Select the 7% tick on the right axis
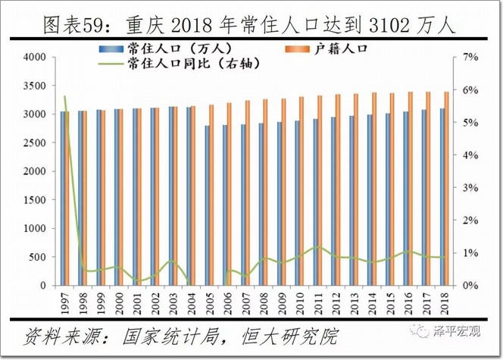471,58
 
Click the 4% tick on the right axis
471,155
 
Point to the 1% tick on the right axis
471,253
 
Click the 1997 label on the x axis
65,299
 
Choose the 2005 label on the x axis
208,299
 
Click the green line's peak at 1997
65,97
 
